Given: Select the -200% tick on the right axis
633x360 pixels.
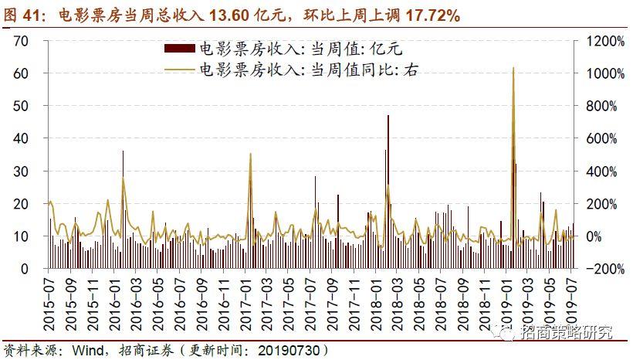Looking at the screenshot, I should click(x=599, y=269).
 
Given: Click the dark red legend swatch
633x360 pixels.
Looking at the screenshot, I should click(x=180, y=49).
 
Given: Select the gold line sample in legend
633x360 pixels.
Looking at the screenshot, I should click(x=180, y=70).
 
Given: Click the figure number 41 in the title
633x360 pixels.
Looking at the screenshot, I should click(x=36, y=15).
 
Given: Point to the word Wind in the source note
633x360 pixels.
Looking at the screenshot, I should click(x=90, y=350).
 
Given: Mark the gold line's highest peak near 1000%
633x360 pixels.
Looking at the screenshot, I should click(x=513, y=68).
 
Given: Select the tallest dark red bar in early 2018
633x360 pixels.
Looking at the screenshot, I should click(x=388, y=116).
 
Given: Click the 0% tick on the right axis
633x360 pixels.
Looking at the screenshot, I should click(x=591, y=236).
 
